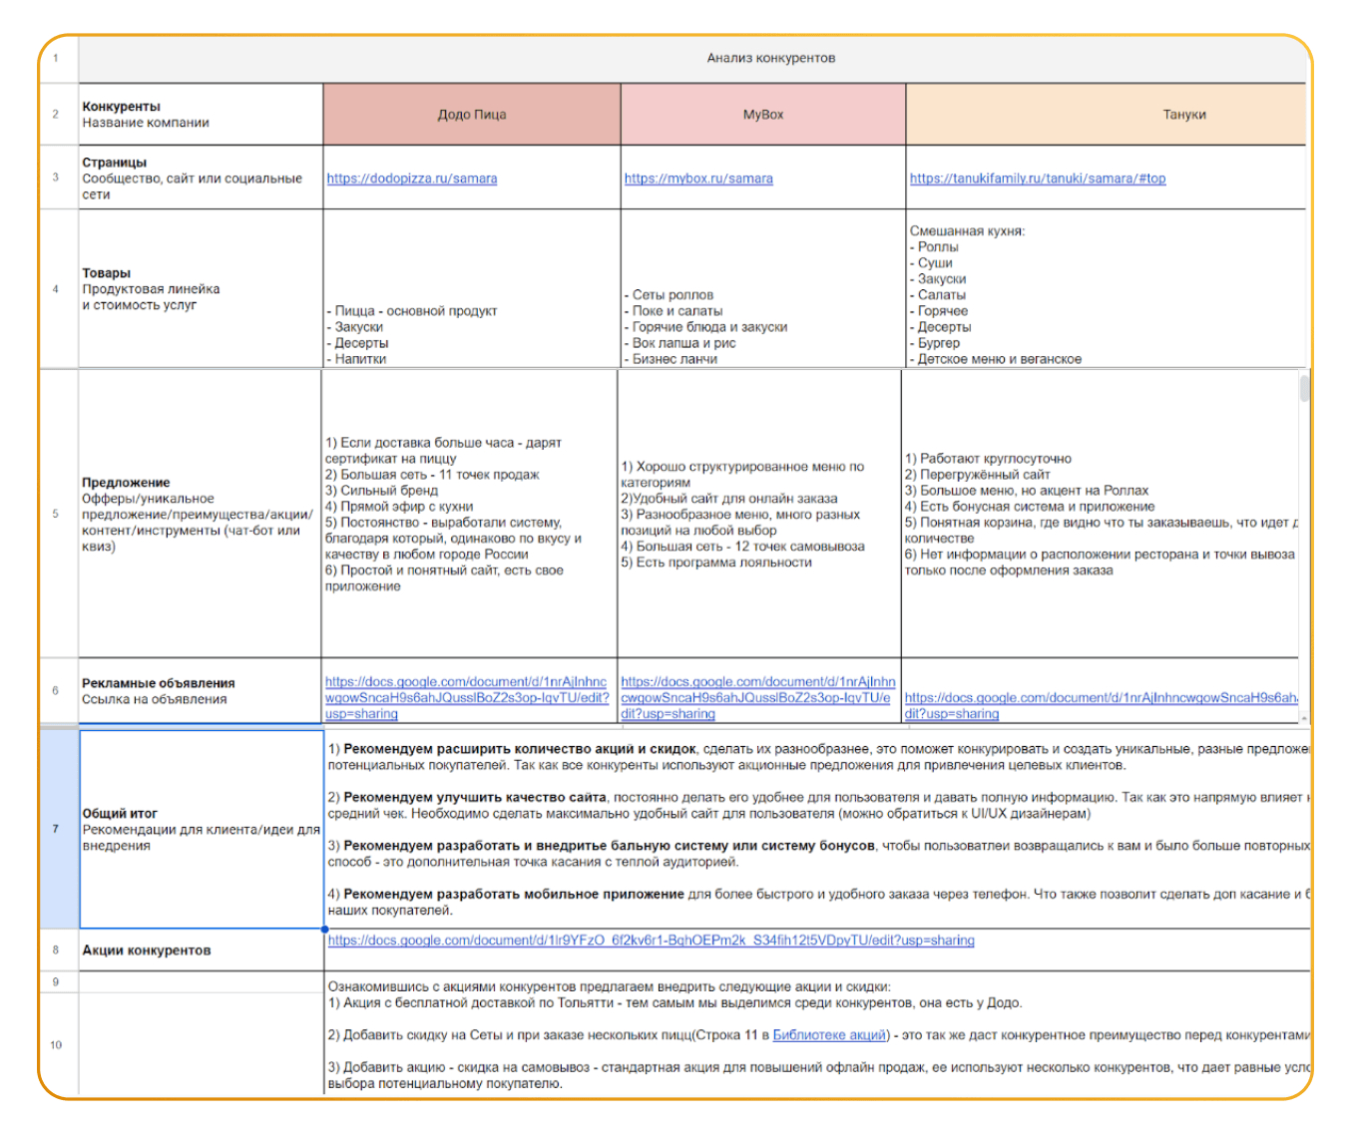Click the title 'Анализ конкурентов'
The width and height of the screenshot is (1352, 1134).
point(770,58)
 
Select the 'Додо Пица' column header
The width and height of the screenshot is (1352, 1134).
point(471,115)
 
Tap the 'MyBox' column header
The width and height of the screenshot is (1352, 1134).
point(762,115)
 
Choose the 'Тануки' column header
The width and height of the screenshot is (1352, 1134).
point(1183,115)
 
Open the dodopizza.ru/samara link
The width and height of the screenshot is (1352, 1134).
point(411,179)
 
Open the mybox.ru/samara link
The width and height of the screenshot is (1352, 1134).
point(698,179)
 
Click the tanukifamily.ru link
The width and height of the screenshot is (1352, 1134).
point(1037,179)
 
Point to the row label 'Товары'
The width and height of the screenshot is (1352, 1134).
point(107,273)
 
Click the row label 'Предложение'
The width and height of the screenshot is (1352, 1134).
point(126,483)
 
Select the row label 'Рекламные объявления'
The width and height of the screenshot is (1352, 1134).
point(159,683)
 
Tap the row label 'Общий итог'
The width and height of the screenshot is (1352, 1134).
point(120,814)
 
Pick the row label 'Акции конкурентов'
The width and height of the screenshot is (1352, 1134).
point(147,950)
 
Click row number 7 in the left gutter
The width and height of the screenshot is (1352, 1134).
point(56,829)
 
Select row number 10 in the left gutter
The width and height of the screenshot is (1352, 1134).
point(56,1044)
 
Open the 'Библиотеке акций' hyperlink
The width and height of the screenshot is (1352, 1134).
point(829,1035)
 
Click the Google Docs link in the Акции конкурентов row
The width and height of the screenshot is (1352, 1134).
point(651,941)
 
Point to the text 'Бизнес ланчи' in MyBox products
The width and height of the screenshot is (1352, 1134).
point(675,359)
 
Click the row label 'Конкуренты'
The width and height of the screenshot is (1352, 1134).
point(121,107)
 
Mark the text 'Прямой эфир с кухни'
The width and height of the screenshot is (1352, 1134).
point(406,507)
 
